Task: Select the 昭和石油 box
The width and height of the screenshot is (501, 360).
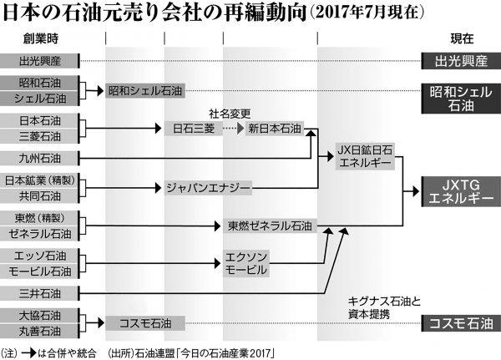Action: (39, 83)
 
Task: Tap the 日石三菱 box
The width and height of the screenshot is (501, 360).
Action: (194, 129)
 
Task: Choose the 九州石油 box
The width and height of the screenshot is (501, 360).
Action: (39, 156)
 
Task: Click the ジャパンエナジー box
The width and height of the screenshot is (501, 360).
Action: (208, 189)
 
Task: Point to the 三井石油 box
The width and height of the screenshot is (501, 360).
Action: (39, 293)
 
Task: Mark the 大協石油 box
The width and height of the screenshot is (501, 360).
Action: (39, 316)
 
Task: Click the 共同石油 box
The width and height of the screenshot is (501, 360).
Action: (39, 194)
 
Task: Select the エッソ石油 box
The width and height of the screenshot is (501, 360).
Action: (39, 256)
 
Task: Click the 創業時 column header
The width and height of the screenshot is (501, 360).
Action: (39, 39)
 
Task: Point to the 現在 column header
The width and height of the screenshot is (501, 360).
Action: (458, 39)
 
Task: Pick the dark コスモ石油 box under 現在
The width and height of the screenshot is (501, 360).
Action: (458, 322)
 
